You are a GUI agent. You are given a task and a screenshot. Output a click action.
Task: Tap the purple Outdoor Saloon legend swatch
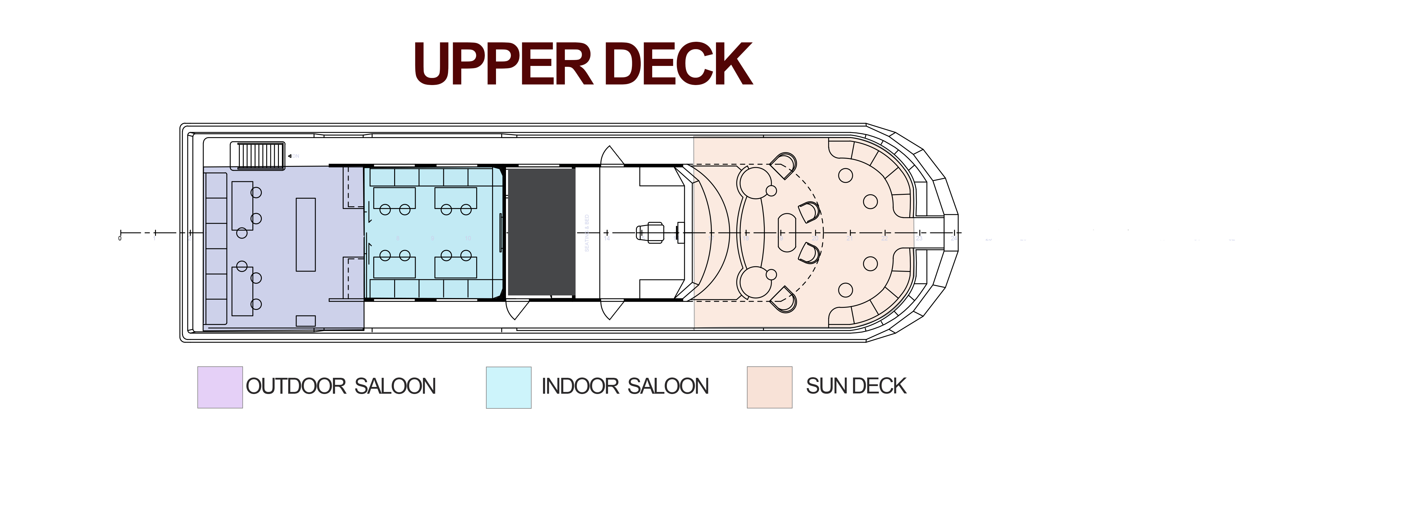tap(220, 387)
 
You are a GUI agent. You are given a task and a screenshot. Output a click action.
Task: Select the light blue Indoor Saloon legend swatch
tap(508, 387)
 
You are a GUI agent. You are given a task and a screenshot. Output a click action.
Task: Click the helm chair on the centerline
tap(652, 232)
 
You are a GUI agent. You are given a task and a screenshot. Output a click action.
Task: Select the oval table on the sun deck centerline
tap(787, 232)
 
